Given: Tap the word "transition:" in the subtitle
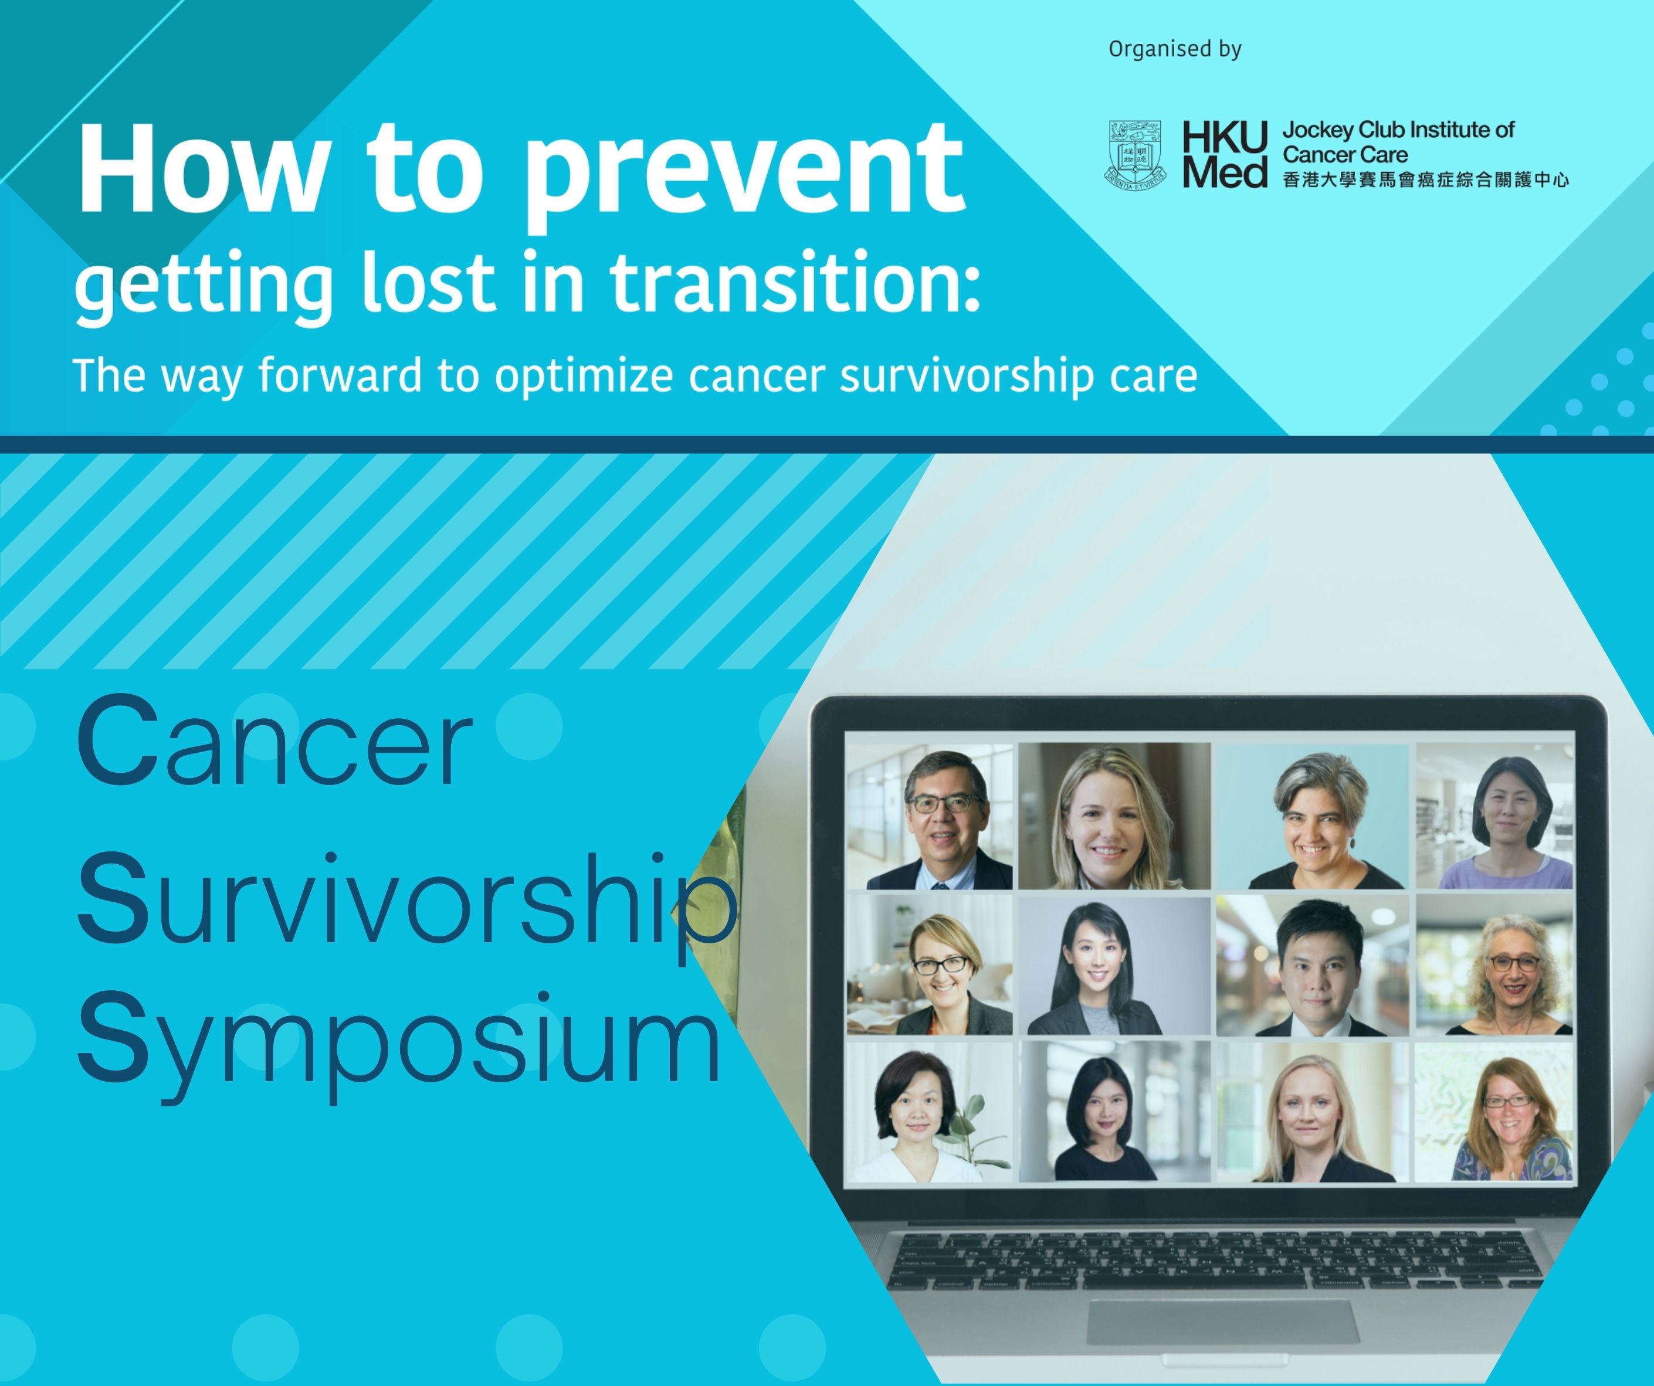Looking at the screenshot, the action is (795, 281).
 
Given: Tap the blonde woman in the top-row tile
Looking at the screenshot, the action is (1112, 820).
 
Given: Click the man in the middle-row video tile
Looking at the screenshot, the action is (1312, 969).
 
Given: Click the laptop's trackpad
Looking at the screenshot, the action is (1223, 1323).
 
